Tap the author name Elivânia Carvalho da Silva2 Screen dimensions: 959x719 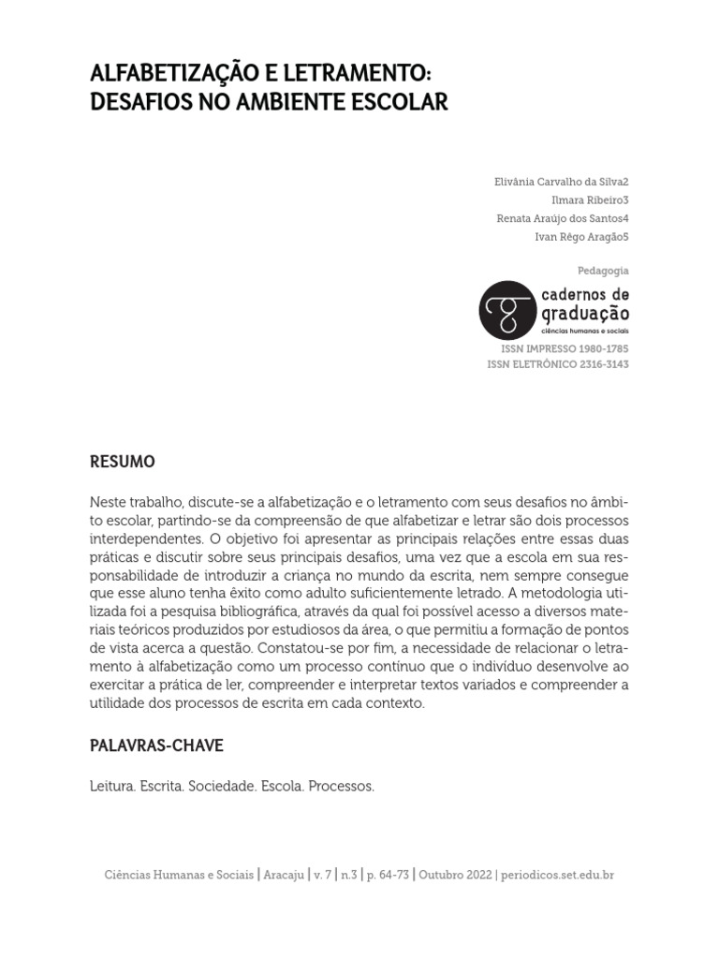point(561,181)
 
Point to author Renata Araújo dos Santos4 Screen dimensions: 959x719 point(563,218)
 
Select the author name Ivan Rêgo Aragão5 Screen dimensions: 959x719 point(581,237)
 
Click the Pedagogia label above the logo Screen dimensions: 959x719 point(603,271)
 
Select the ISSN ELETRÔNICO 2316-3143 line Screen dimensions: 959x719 point(558,364)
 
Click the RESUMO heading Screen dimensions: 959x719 point(122,463)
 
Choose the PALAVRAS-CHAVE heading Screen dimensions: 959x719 point(156,746)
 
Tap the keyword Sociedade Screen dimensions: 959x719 point(221,788)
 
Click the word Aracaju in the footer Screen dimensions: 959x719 point(285,875)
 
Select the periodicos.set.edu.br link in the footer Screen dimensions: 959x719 point(557,875)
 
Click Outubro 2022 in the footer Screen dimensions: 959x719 point(454,875)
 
